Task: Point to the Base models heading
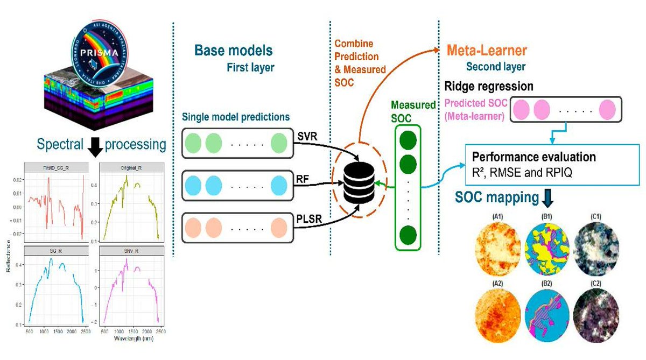234,51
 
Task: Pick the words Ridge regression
488,86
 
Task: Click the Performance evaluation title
533,158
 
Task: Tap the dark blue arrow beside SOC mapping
548,197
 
